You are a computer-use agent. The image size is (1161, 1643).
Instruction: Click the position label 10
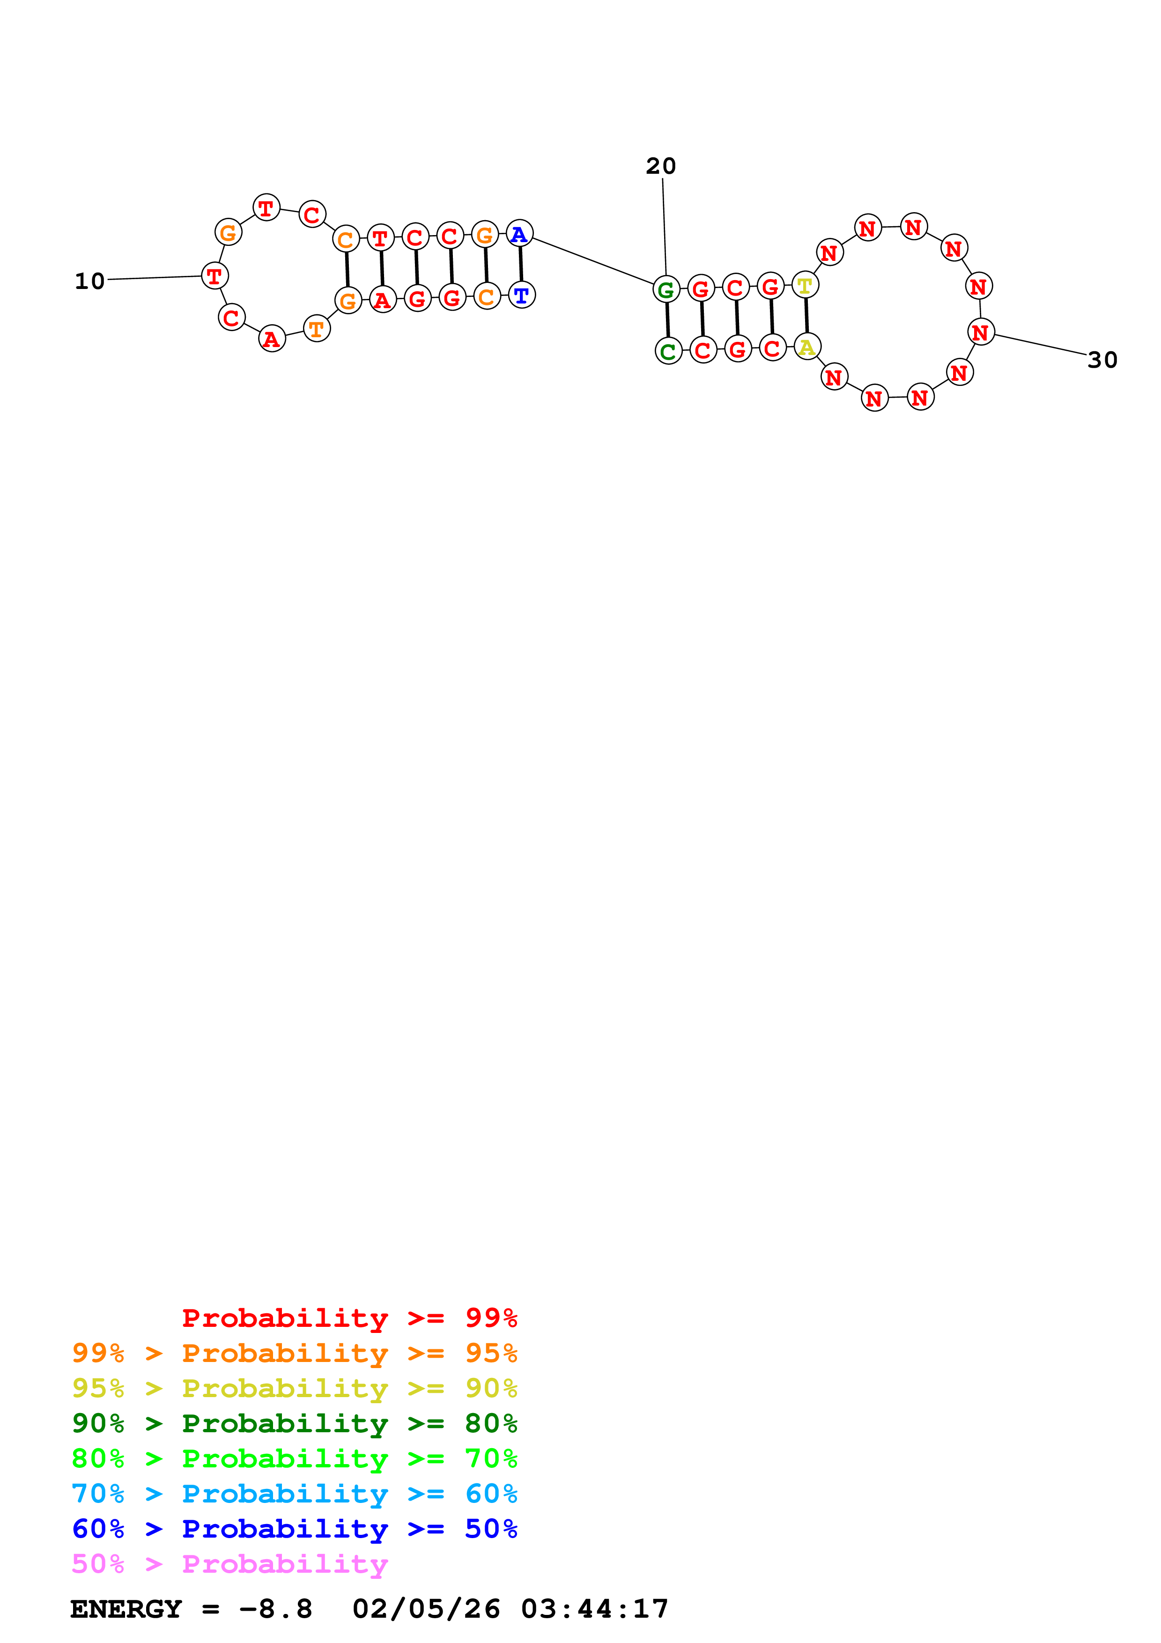[89, 281]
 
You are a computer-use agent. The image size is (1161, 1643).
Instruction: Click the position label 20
[660, 166]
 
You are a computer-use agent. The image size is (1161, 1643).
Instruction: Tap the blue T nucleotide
[521, 294]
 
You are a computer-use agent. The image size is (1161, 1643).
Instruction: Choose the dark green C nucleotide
[668, 351]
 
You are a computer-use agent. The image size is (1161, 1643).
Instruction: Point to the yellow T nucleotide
[805, 285]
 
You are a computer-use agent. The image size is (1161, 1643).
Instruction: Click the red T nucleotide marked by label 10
[214, 275]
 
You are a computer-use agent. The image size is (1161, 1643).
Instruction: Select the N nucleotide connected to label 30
[981, 332]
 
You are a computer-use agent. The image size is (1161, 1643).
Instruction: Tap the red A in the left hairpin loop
[272, 339]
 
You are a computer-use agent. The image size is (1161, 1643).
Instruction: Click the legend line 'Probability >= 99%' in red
[349, 1318]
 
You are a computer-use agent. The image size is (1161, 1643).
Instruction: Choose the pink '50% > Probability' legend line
[229, 1564]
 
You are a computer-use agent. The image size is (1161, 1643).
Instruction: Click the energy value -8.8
[275, 1609]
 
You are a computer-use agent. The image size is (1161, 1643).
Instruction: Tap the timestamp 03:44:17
[594, 1609]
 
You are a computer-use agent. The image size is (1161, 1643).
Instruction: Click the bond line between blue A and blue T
[521, 264]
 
